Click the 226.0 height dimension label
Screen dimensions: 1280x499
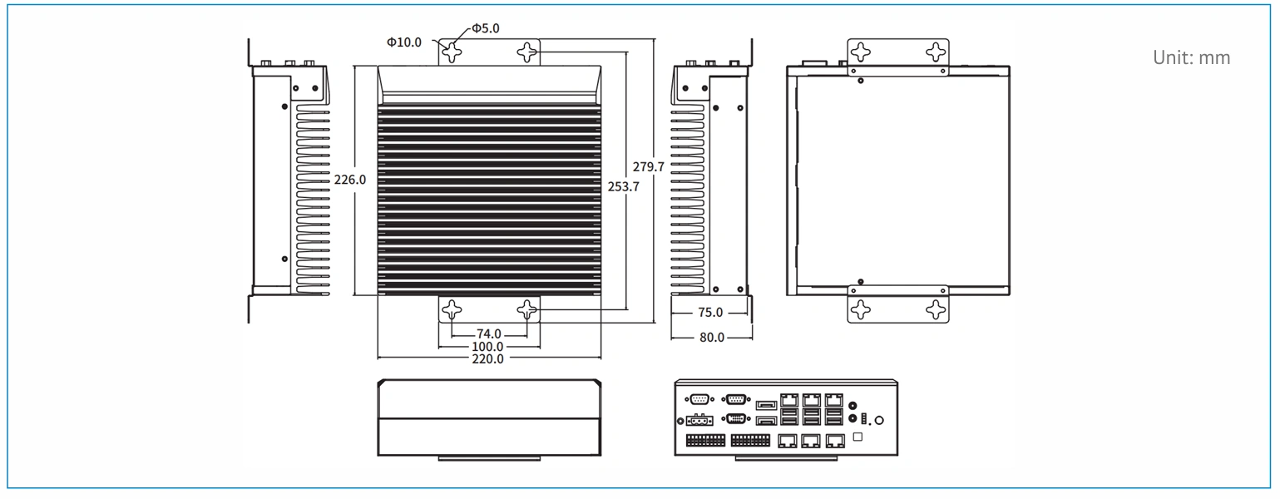point(349,180)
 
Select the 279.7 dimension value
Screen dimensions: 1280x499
point(649,167)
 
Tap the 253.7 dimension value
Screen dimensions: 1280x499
point(624,186)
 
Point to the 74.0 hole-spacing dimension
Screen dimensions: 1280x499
point(488,333)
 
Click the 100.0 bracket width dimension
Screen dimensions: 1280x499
point(487,346)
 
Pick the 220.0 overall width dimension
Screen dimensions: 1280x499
point(487,359)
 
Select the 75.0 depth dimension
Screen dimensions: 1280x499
point(710,313)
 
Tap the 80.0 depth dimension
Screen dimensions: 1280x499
point(711,338)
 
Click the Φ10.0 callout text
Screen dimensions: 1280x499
point(404,42)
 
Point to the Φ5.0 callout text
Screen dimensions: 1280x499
point(486,28)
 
